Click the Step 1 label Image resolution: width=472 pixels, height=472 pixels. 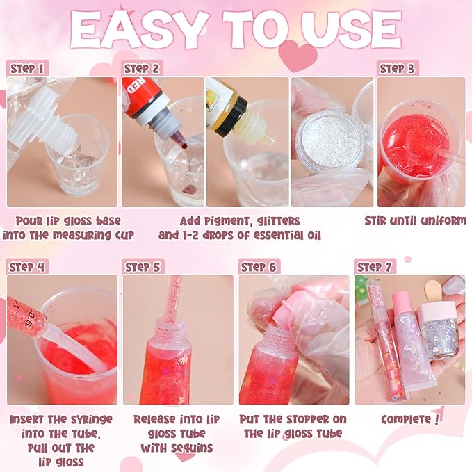[x=29, y=68]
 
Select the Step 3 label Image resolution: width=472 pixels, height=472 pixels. [x=399, y=68]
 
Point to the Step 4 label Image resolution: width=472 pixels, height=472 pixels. [x=29, y=267]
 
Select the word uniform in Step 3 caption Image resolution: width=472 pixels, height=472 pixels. [x=434, y=221]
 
